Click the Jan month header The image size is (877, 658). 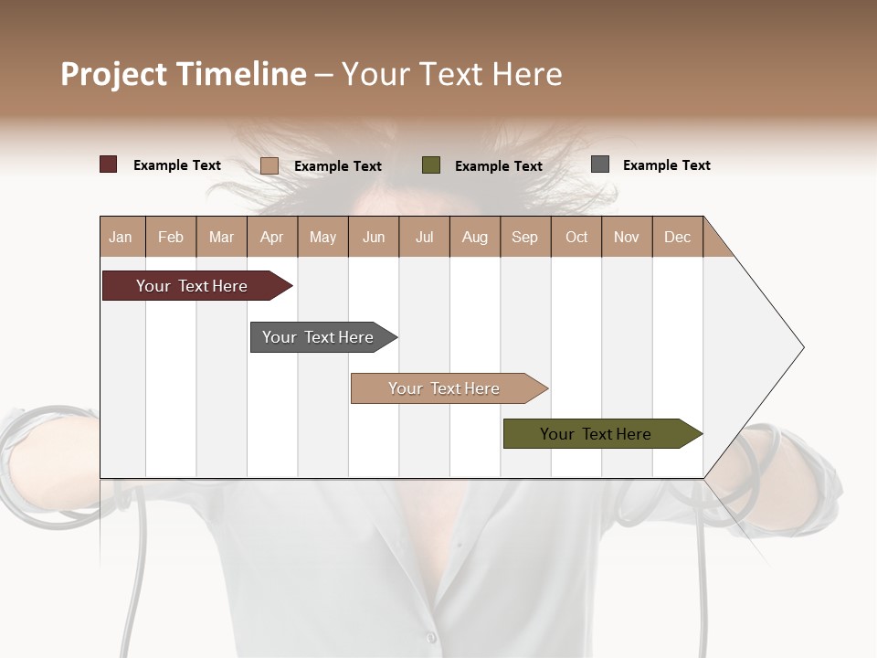122,237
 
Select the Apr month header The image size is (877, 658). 272,237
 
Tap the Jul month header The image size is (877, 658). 424,237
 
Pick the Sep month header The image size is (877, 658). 525,237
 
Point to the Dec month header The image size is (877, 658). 677,237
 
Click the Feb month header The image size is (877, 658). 171,237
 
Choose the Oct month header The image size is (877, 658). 576,237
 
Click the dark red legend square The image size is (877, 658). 109,164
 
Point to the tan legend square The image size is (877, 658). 269,165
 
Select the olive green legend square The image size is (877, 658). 431,165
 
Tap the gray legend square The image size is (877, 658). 600,164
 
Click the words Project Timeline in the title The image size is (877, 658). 184,74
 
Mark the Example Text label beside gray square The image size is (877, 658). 666,165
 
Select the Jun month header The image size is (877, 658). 374,237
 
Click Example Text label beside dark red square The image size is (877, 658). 177,165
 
